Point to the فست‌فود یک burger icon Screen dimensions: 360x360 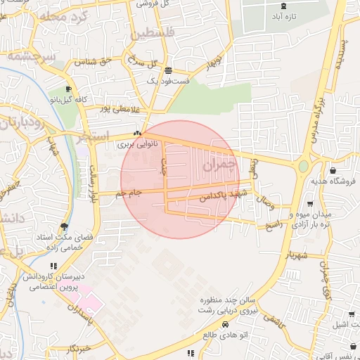[168, 70]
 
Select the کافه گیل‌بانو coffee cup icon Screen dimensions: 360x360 [68, 89]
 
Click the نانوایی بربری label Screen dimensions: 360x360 [134, 144]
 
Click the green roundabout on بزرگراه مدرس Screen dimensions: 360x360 [303, 167]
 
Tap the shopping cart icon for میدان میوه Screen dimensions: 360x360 [310, 204]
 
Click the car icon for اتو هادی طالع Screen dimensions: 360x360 [224, 325]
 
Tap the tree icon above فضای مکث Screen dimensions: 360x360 [65, 226]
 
